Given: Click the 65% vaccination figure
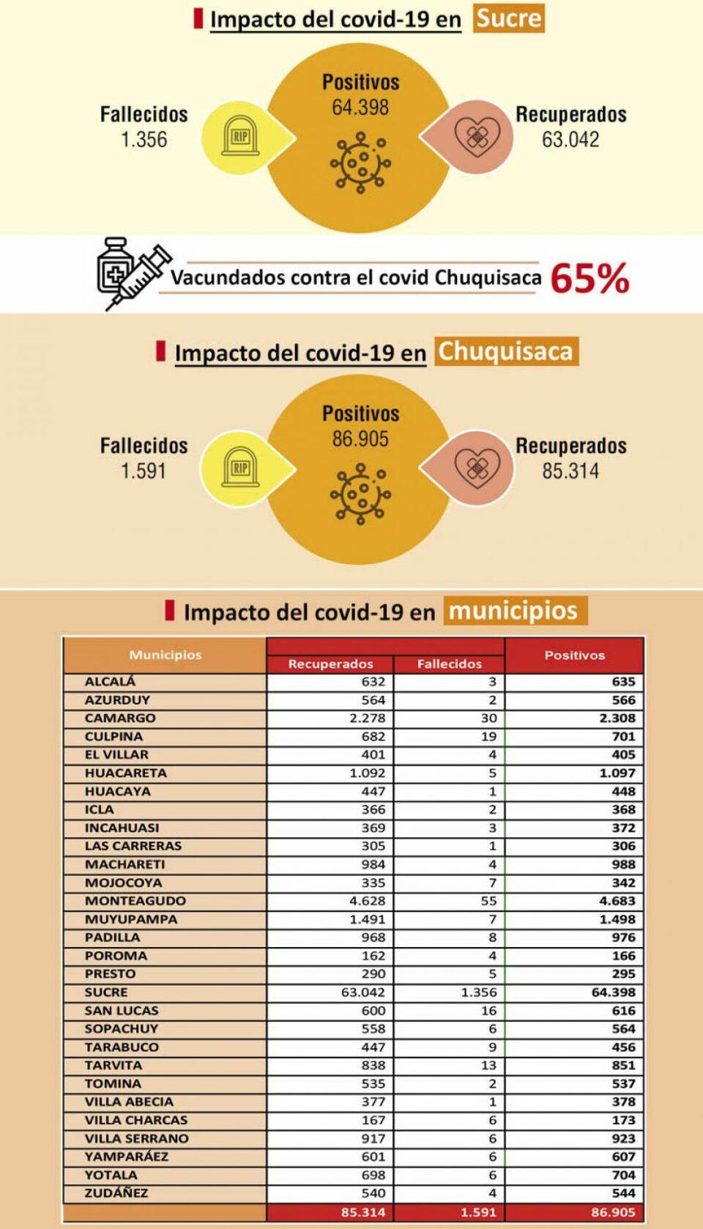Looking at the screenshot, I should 589,278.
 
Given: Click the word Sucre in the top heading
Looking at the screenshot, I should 509,18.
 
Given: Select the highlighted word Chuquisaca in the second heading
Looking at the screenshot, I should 505,352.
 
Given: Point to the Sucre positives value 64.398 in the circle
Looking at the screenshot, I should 360,108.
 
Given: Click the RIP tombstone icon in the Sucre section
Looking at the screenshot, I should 239,137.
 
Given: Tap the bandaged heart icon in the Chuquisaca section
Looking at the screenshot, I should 477,467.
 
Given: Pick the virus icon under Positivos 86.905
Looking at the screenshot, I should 360,493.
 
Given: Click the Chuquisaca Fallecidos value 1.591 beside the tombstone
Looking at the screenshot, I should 144,471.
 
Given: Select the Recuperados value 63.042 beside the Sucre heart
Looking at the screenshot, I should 570,139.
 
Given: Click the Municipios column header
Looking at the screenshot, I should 165,655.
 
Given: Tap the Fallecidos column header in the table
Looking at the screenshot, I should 450,664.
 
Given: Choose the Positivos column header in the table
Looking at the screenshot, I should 574,655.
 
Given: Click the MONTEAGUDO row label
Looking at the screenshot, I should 135,901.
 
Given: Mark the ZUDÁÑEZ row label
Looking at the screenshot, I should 116,1193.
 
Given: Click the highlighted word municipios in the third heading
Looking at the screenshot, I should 513,611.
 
